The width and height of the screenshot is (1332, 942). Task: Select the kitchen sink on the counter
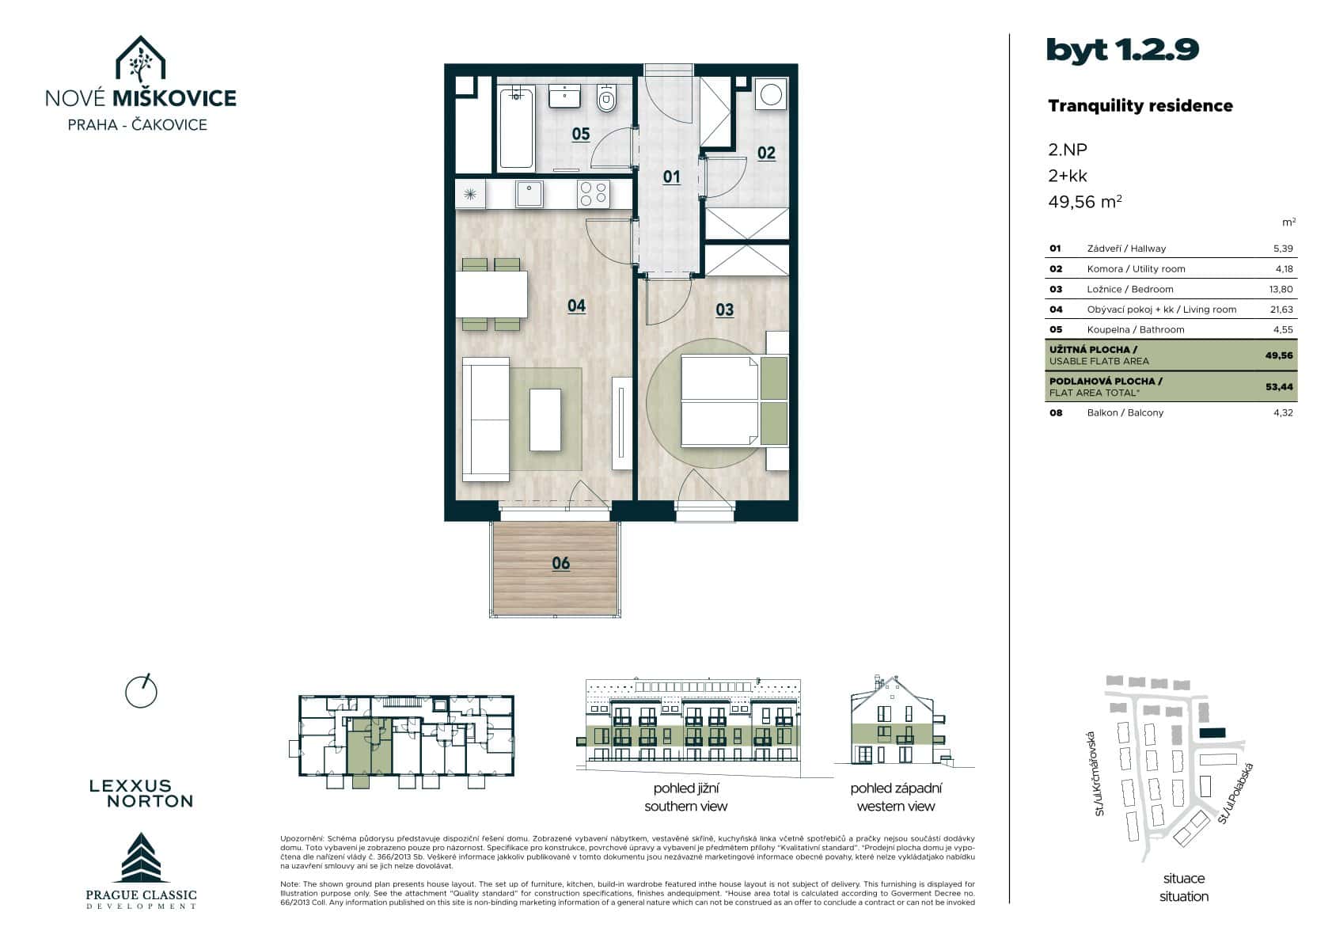[x=529, y=193]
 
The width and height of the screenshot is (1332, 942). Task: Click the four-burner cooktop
[x=593, y=193]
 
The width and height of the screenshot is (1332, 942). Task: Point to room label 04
[x=576, y=306]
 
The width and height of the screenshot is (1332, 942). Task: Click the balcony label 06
[x=560, y=564]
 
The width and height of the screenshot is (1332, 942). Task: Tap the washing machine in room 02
[x=770, y=94]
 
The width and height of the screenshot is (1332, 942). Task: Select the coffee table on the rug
[x=545, y=420]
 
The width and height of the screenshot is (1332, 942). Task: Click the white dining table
[x=491, y=294]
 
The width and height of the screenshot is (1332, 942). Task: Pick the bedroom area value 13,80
[x=1281, y=289]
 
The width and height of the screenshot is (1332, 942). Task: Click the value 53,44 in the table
[x=1279, y=387]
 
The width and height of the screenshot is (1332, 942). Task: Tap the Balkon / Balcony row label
[x=1125, y=412]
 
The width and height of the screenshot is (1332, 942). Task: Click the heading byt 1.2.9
[x=1122, y=50]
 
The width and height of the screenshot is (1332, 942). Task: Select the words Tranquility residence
[x=1140, y=106]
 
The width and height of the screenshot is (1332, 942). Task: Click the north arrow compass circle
[x=142, y=692]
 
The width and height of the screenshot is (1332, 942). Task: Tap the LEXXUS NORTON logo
[x=142, y=793]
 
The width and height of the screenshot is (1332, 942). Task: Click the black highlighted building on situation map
[x=1212, y=734]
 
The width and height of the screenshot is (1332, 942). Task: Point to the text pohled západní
[x=896, y=788]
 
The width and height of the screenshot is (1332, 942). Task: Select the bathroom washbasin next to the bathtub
[x=565, y=96]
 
